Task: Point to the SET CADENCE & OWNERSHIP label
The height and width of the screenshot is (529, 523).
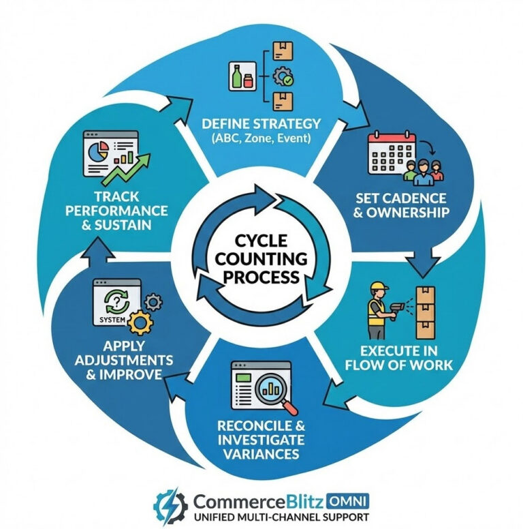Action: (402, 205)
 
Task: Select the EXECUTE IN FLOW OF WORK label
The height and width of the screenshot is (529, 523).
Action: (408, 358)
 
